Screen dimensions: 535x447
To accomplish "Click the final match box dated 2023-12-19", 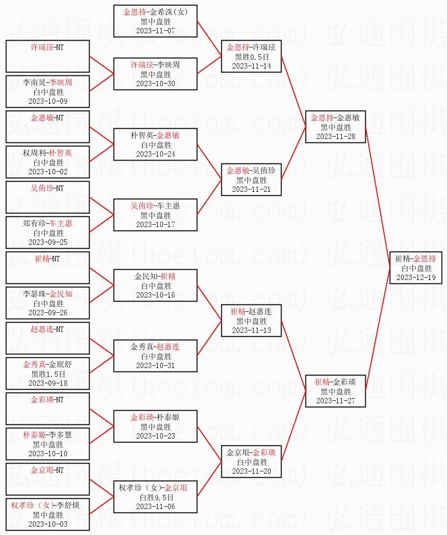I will tap(416, 268).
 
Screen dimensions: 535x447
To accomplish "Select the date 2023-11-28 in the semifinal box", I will tap(335, 137).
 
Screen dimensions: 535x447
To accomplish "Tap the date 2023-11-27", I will tap(335, 401).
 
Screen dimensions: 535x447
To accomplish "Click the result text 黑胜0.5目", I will tap(251, 57).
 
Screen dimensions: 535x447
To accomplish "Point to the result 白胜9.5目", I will tap(156, 497).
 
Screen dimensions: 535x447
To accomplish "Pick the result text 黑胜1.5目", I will tap(48, 374).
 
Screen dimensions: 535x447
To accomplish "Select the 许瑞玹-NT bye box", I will tap(48, 56).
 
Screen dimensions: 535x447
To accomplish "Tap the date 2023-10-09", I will tap(48, 101).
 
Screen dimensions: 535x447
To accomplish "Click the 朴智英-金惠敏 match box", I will tap(156, 144).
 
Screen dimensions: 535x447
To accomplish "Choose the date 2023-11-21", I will tap(251, 189).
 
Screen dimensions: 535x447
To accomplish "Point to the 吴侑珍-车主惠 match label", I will tap(156, 206).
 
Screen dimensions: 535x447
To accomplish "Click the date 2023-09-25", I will tap(48, 242).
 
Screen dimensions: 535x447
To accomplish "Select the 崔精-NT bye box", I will tap(48, 268).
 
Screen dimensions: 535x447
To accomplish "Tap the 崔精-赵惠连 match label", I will tap(251, 312).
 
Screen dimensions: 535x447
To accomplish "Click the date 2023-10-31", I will tap(156, 366).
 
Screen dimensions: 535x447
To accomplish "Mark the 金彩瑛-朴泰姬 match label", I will tap(156, 418).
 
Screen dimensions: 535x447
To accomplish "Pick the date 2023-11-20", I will tap(251, 471).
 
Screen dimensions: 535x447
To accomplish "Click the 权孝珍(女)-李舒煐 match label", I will tap(48, 506).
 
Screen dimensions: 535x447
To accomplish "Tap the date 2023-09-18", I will tap(48, 383).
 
